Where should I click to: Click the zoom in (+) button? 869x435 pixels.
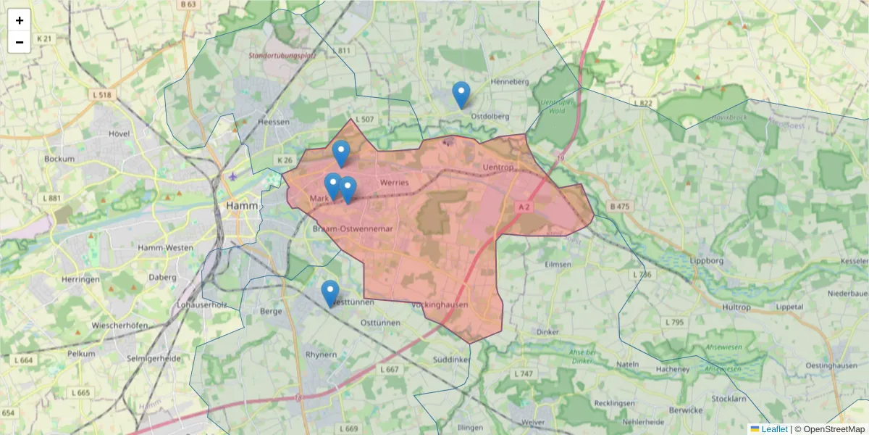(20, 20)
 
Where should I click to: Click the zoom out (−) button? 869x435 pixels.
(20, 42)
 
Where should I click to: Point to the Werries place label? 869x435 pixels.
(394, 183)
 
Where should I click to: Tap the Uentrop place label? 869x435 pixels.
(497, 167)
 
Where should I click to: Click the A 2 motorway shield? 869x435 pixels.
(524, 207)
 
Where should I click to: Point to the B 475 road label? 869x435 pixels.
(620, 207)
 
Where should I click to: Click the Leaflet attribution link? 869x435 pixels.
(774, 429)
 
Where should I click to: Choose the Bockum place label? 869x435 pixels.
(59, 158)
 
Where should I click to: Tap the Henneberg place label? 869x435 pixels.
(511, 82)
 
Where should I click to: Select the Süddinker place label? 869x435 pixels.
(450, 360)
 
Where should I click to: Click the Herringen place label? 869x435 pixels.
(80, 279)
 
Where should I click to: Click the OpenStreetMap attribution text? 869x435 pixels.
(834, 429)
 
